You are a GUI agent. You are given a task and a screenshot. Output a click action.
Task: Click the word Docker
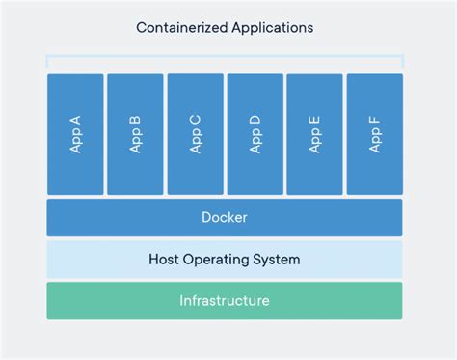click(x=225, y=217)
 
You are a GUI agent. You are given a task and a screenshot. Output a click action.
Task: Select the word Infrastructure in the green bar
click(x=225, y=301)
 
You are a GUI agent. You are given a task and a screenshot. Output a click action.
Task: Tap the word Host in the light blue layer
click(x=166, y=260)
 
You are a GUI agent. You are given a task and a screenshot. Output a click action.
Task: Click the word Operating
click(x=222, y=260)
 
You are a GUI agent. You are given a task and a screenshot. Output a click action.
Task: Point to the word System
click(x=279, y=260)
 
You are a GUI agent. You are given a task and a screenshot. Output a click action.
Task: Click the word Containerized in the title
click(x=181, y=27)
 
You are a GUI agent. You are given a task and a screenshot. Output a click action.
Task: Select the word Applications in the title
click(x=272, y=27)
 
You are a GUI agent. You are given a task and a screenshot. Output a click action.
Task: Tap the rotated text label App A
click(x=75, y=134)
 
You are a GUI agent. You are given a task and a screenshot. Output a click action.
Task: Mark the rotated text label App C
click(x=195, y=134)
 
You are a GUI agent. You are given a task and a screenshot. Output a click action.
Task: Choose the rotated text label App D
click(x=255, y=134)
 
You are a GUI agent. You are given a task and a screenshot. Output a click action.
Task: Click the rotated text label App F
click(x=374, y=134)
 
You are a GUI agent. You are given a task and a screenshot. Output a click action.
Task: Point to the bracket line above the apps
click(x=225, y=57)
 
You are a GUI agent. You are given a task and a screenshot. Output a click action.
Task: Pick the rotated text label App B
click(x=135, y=134)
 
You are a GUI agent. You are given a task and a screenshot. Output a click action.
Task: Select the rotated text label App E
click(x=314, y=134)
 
